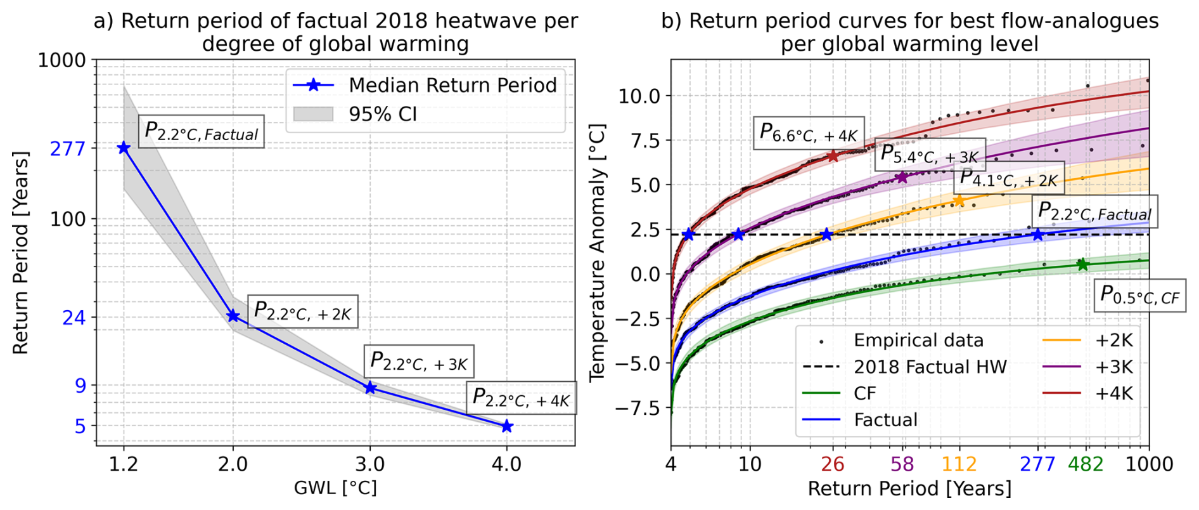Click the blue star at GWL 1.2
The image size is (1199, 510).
click(124, 148)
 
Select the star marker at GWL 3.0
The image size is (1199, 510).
click(370, 388)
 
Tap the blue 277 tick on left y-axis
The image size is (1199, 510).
click(68, 148)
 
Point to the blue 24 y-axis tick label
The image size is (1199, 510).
click(74, 317)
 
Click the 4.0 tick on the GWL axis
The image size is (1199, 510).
click(506, 464)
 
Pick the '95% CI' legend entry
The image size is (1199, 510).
click(383, 114)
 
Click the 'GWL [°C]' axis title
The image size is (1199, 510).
click(335, 488)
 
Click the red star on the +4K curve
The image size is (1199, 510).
click(833, 155)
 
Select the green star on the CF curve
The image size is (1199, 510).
click(1082, 264)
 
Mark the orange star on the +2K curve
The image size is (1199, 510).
click(959, 201)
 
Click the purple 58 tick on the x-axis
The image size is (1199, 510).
click(902, 464)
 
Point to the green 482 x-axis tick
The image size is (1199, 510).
click(1085, 464)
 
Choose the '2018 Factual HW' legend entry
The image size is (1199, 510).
click(930, 367)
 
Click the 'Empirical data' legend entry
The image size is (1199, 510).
click(918, 341)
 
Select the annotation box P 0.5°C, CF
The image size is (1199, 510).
click(1139, 296)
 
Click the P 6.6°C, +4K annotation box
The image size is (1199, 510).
click(808, 133)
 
